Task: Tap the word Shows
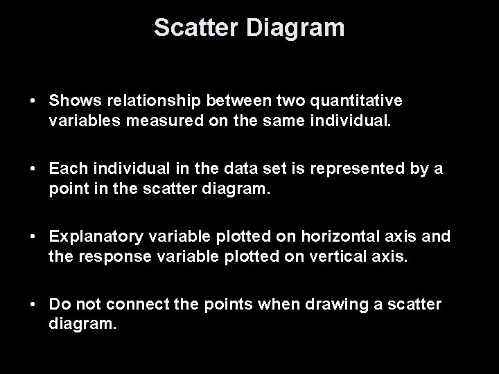pyautogui.click(x=73, y=101)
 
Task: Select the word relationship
pyautogui.click(x=146, y=101)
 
